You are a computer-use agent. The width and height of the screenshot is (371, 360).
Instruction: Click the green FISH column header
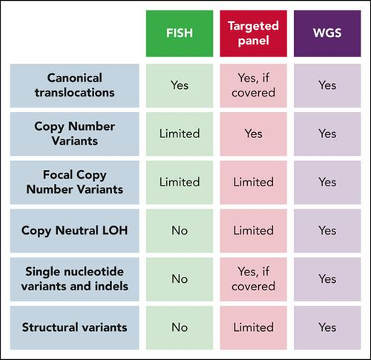click(x=180, y=33)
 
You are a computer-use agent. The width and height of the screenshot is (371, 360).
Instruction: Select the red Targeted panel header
click(x=253, y=33)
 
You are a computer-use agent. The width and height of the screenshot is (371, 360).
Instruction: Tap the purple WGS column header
click(x=327, y=33)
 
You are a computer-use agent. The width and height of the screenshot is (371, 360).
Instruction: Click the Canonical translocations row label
click(x=74, y=85)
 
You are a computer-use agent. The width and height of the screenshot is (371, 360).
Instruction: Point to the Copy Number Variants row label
click(x=74, y=134)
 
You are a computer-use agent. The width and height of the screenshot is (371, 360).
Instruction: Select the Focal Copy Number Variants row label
click(x=74, y=183)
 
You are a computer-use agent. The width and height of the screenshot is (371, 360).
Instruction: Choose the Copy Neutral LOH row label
click(x=74, y=231)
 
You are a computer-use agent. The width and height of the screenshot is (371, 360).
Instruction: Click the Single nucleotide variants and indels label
click(x=74, y=279)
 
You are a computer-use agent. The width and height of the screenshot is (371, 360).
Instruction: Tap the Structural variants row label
click(x=74, y=327)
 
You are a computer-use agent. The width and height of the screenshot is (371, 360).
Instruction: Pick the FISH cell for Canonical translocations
click(x=180, y=85)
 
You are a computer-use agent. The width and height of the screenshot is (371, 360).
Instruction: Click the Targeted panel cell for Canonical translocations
click(x=253, y=85)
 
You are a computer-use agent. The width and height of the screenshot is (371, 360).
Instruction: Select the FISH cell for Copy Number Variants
click(x=180, y=134)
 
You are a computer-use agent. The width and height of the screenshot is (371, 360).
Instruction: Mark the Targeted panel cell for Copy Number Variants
click(x=253, y=134)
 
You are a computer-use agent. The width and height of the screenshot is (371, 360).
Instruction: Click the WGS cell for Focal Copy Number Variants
click(x=327, y=183)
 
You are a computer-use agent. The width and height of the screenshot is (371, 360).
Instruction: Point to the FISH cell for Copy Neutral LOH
click(x=180, y=231)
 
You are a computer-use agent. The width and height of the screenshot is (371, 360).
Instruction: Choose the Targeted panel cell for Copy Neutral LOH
click(x=253, y=231)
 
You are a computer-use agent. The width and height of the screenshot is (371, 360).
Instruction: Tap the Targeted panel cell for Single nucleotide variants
click(x=253, y=279)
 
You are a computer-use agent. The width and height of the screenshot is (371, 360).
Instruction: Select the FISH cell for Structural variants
click(x=180, y=327)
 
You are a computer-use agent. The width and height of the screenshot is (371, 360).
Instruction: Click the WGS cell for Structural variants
click(x=327, y=327)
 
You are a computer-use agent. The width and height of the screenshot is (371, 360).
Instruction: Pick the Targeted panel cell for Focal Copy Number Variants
click(x=253, y=183)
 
